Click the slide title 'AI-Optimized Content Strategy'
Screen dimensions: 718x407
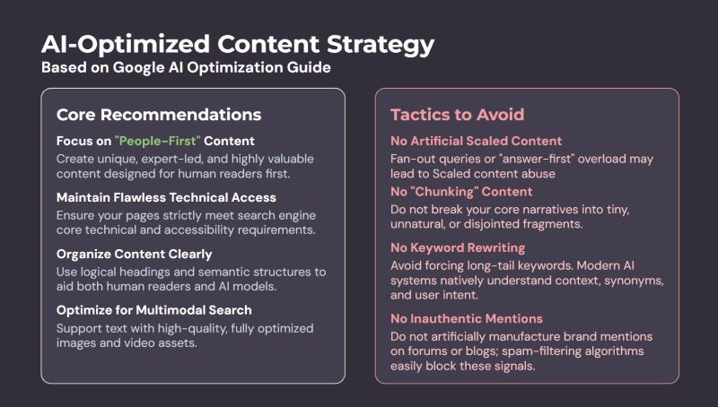(x=238, y=45)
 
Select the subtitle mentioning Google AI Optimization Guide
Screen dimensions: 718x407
(x=186, y=67)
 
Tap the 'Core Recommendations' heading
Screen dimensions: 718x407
(x=159, y=115)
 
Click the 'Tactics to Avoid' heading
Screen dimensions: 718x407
(x=457, y=115)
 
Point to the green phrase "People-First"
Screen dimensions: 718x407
(x=158, y=141)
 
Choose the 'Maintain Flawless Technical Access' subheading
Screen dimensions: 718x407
(x=166, y=197)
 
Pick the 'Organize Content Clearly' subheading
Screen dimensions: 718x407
(x=134, y=255)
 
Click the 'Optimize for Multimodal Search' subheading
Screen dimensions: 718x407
(x=153, y=310)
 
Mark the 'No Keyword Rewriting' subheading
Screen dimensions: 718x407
(x=458, y=247)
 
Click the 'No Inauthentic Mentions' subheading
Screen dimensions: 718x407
(x=467, y=319)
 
